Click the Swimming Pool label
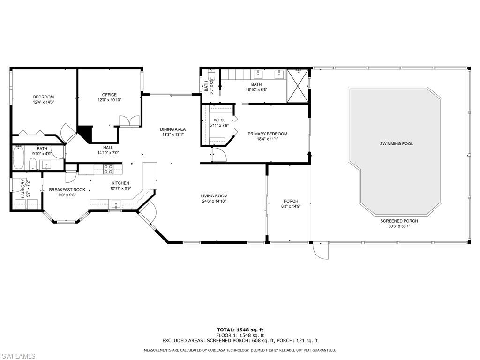coord(397,143)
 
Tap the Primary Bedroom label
coord(267,134)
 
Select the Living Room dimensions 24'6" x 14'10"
coord(214,201)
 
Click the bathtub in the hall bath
coord(18,158)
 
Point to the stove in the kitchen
coord(108,169)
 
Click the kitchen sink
coord(116,203)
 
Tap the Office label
coord(109,95)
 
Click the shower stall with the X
coord(297,86)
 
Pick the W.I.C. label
coord(219,120)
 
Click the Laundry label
coord(22,188)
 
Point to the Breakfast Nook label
coord(67,190)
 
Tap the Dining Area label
coord(172,129)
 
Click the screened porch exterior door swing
coord(321,251)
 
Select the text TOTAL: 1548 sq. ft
coord(240,330)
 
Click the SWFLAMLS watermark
coord(18,356)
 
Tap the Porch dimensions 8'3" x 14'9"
coord(291,206)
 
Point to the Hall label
coord(108,148)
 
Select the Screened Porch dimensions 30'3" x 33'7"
coord(399,226)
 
